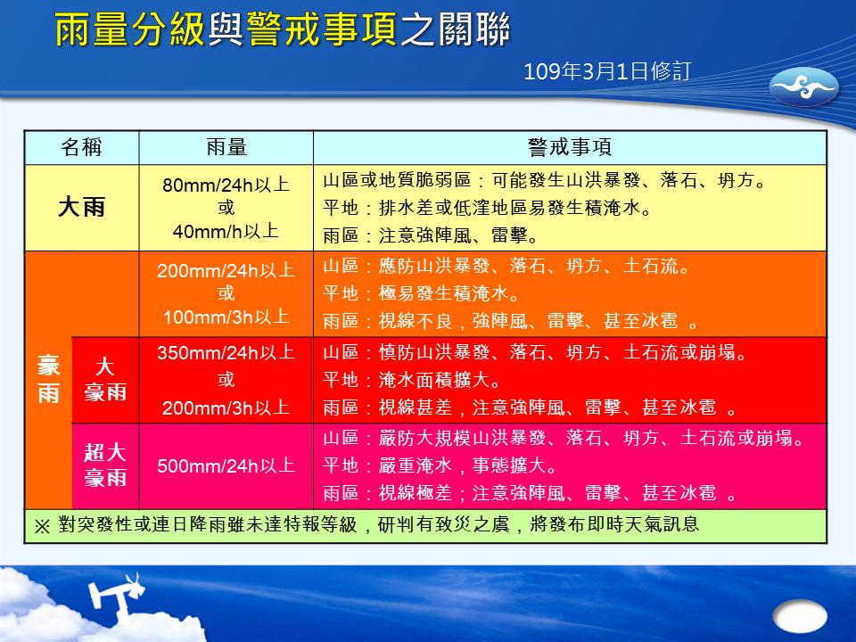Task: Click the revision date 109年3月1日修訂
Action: point(607,71)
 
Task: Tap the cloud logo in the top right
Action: point(803,86)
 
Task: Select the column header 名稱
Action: point(81,147)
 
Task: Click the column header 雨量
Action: point(226,147)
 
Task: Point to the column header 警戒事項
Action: point(570,147)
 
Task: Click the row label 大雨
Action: point(81,208)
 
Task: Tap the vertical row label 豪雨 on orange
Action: point(48,379)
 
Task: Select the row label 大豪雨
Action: point(105,380)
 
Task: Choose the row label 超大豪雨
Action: point(105,465)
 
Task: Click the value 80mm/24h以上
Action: point(226,185)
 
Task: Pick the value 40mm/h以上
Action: point(226,232)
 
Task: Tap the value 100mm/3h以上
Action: point(226,317)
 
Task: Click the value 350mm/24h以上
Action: point(226,353)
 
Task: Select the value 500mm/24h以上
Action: point(226,466)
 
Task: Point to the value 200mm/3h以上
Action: point(226,407)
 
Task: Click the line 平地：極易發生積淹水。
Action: point(421,293)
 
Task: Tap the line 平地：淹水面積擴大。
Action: point(412,380)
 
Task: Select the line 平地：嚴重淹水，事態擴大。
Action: point(440,465)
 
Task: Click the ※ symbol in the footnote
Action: point(42,526)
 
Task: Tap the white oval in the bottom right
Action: point(800,617)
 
